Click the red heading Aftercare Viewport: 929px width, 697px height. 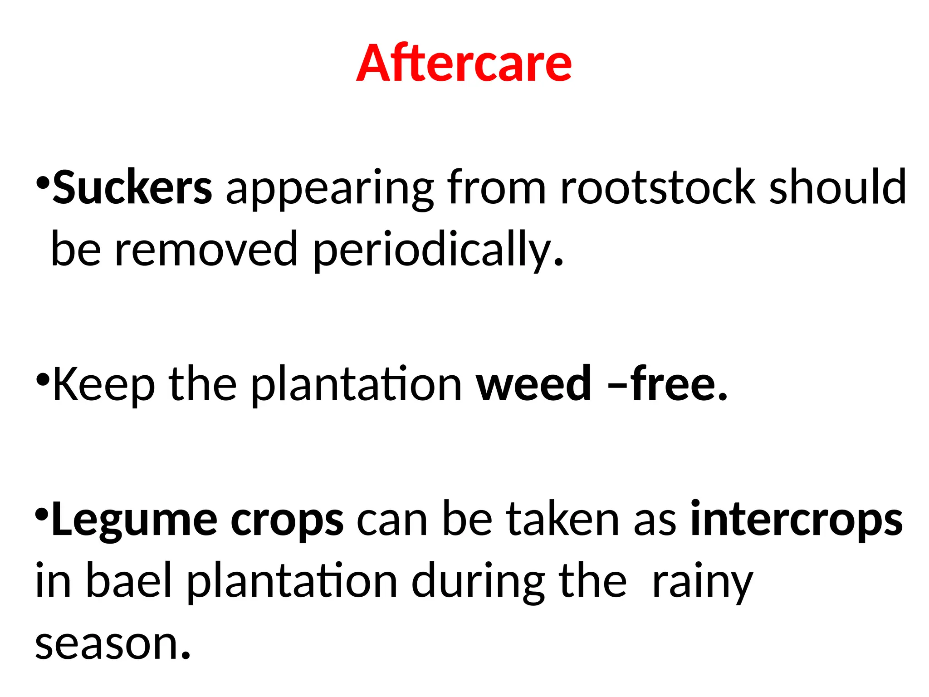click(464, 63)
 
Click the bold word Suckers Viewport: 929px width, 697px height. click(132, 187)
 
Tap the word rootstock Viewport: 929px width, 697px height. click(658, 187)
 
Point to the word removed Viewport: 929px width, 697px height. click(206, 249)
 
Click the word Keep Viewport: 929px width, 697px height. click(104, 385)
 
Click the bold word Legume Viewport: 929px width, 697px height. click(135, 520)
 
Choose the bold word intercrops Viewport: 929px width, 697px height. click(797, 520)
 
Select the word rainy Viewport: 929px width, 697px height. click(702, 583)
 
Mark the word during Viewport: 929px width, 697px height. click(478, 582)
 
